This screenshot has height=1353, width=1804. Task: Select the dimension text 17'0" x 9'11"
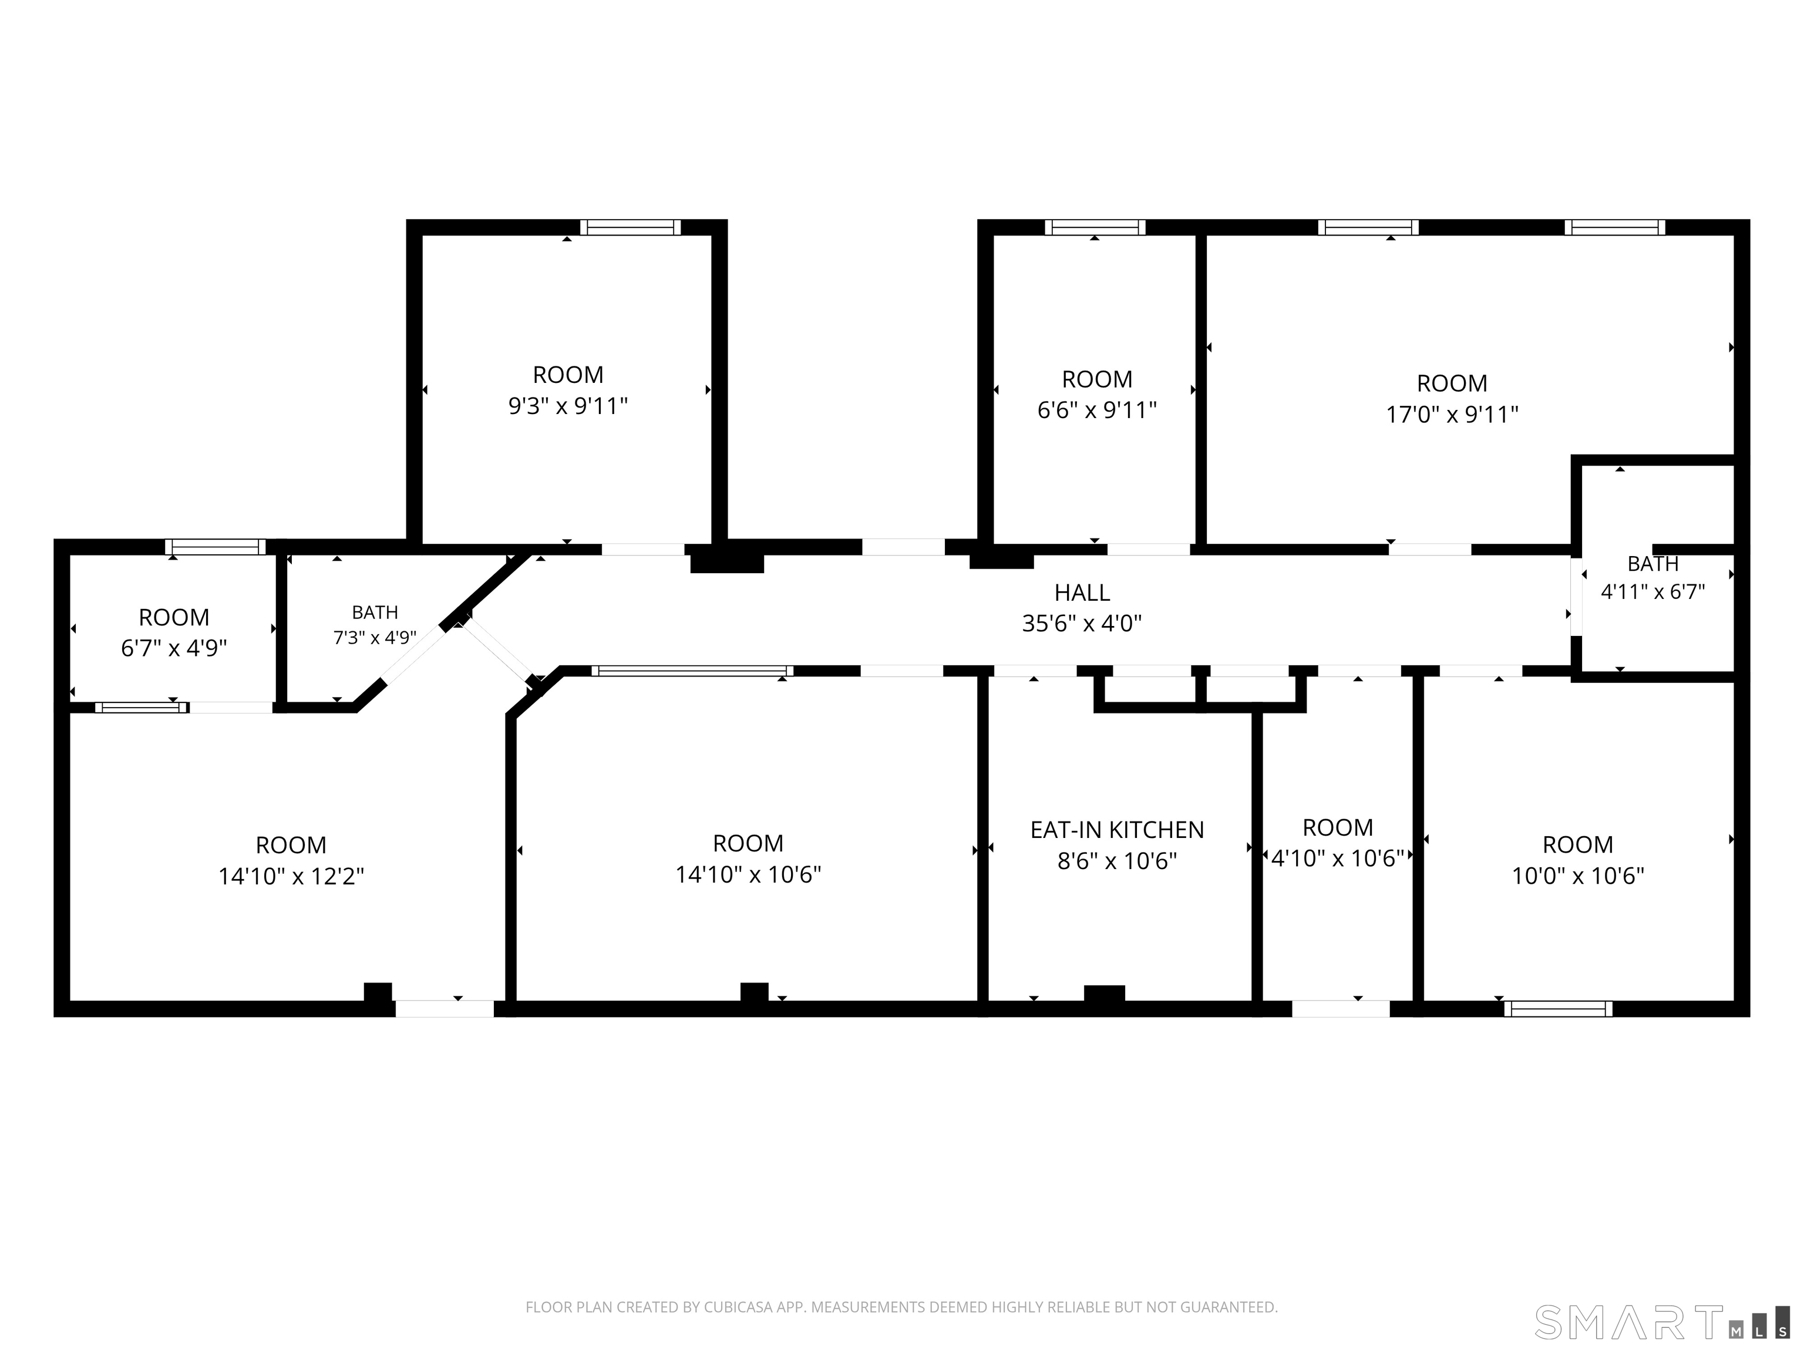coord(1452,415)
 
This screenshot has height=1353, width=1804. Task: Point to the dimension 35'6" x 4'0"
coord(1082,623)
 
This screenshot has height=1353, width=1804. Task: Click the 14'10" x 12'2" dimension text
coord(291,876)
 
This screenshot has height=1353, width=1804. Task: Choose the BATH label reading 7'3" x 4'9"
coord(375,612)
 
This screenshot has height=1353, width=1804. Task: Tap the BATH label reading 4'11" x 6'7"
coord(1653,564)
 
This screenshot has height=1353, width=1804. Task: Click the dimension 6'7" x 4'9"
coord(174,648)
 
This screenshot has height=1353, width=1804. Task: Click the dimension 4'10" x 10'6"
coord(1338,858)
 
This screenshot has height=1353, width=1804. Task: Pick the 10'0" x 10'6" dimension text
coord(1578,876)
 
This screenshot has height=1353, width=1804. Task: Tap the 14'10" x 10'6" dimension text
coord(748,874)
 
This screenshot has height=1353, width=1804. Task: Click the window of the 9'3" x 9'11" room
coord(631,227)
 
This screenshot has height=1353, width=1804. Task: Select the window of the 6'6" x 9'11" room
coord(1095,227)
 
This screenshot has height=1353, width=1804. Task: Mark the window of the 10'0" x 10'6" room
coord(1559,1009)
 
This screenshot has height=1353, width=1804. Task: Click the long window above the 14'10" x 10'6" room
coord(692,671)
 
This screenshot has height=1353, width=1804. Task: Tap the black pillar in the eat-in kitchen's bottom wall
coord(1104,994)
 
